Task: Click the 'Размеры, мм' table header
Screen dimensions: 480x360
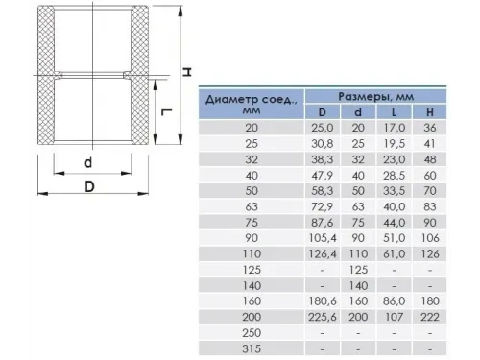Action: point(376,96)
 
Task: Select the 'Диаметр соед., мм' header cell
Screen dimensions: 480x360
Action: point(252,105)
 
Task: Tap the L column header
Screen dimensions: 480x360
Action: point(394,112)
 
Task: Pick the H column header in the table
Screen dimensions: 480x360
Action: point(430,112)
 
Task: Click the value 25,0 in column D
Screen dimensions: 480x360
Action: point(323,128)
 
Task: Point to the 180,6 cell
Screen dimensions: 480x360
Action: point(323,301)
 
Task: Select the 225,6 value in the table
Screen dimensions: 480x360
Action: point(323,317)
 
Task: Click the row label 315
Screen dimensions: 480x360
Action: point(252,348)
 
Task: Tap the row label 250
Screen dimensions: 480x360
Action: point(252,333)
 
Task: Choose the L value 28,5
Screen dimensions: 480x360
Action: point(395,176)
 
